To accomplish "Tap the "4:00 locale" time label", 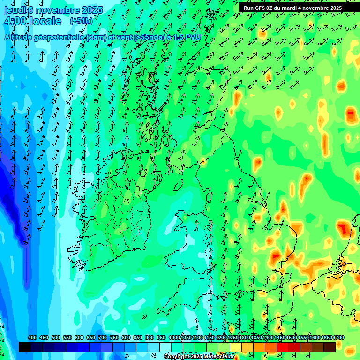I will pos(32,21).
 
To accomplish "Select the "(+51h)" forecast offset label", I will pos(81,21).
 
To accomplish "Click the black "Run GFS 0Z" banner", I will pos(293,8).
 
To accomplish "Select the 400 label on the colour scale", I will pos(32,338).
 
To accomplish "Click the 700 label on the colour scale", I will pos(103,338).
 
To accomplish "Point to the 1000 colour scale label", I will pos(174,338).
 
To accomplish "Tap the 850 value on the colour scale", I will pos(138,338).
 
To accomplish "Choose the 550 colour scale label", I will pos(67,338).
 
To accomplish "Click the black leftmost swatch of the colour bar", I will pos(25,347).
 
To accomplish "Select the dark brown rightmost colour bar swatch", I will pos(330,347).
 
